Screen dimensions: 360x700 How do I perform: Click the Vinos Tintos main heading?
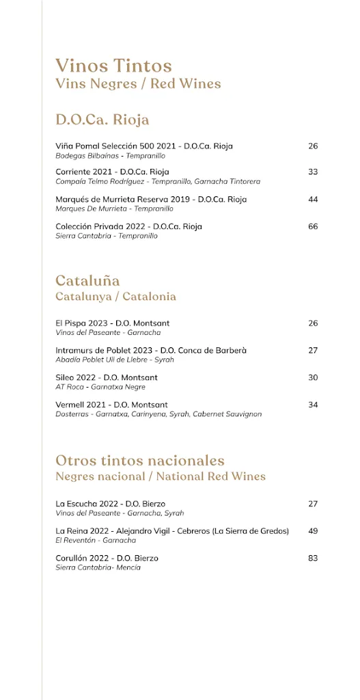(113, 66)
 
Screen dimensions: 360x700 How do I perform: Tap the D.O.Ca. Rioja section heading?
(102, 120)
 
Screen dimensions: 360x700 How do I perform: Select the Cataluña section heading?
(87, 280)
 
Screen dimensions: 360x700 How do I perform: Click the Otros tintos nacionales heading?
(140, 460)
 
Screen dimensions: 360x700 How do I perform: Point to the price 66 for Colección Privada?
(313, 226)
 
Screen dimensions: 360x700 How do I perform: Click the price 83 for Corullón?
(313, 558)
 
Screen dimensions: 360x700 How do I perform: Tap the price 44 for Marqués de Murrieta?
(313, 199)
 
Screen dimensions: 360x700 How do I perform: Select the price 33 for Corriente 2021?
(313, 172)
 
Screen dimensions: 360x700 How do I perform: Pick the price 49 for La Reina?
(313, 530)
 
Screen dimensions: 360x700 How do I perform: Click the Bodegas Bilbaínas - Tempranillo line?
(105, 155)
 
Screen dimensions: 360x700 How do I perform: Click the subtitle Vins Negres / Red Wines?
(138, 84)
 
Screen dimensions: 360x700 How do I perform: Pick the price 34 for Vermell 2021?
(313, 405)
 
